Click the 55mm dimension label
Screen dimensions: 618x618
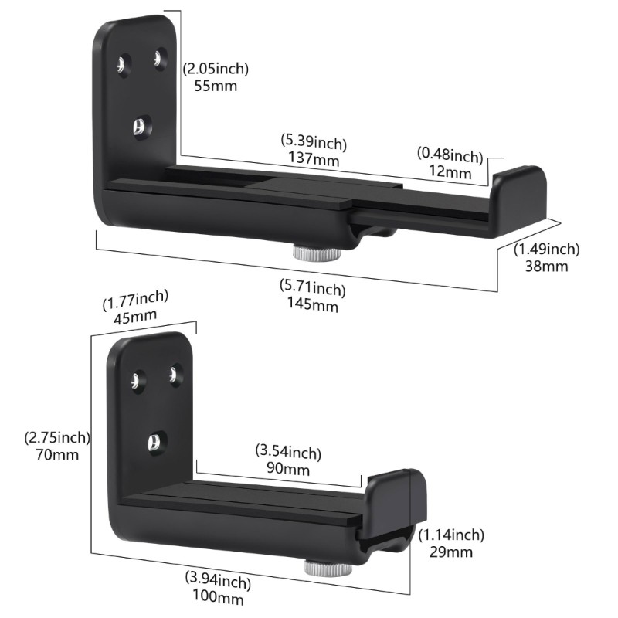coord(216,85)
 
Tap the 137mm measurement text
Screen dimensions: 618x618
coord(315,159)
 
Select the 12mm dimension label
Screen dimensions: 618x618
coord(450,171)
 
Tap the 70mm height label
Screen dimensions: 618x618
coord(57,454)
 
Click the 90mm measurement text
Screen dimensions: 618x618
coord(287,468)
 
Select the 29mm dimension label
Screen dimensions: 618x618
coord(451,552)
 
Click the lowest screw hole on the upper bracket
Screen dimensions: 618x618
coord(140,126)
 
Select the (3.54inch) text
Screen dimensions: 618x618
coord(287,452)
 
